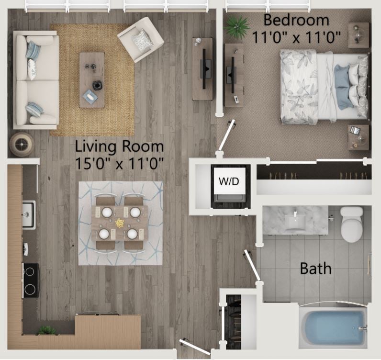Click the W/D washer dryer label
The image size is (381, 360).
(x=229, y=182)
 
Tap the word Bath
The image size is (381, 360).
(x=315, y=268)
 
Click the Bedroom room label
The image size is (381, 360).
(x=296, y=21)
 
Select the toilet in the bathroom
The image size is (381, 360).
(x=352, y=225)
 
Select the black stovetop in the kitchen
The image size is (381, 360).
(x=31, y=281)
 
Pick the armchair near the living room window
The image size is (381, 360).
(x=141, y=39)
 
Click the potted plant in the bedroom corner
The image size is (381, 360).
(x=236, y=26)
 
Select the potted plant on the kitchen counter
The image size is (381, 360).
(x=47, y=330)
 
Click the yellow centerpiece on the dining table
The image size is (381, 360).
(x=119, y=223)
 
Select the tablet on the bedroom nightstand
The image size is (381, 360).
(x=354, y=130)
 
